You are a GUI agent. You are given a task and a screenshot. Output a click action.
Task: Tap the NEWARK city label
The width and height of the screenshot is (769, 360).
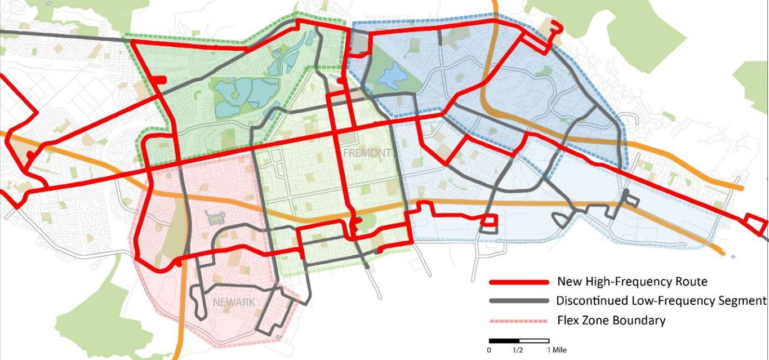234,303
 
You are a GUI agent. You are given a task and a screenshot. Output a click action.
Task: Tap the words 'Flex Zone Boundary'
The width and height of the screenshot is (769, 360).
611,321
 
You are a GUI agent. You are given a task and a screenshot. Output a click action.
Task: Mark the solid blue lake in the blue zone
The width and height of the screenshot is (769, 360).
388,76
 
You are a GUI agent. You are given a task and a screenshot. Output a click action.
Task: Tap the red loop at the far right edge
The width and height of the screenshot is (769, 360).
755,224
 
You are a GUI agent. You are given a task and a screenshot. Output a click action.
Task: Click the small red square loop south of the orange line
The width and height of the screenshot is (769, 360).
489,222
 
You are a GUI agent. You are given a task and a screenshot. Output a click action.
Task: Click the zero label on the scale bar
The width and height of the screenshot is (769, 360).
489,350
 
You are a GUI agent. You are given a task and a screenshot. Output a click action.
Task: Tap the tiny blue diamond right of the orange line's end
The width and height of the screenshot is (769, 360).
733,257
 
